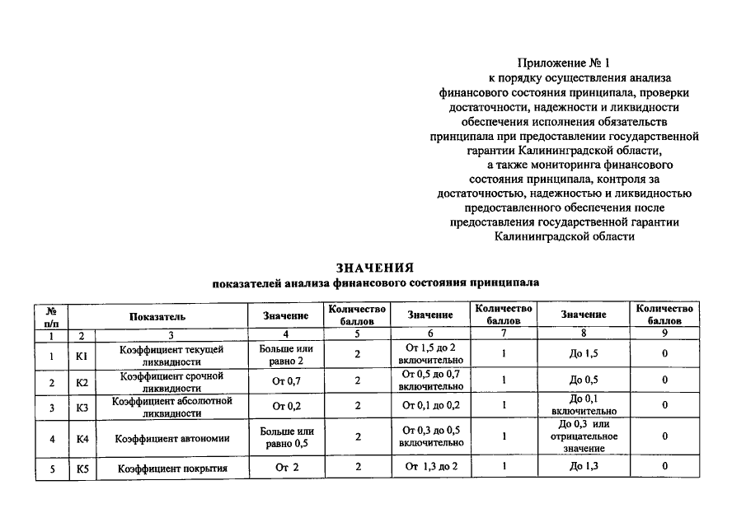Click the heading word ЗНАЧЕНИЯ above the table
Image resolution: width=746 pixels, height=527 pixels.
[x=374, y=268]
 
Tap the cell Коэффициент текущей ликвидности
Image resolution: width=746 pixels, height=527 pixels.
[x=171, y=356]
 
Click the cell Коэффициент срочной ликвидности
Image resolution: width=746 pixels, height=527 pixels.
[x=171, y=381]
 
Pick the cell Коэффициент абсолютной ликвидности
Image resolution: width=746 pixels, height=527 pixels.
[x=171, y=406]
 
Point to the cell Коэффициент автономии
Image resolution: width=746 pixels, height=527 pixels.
[x=171, y=438]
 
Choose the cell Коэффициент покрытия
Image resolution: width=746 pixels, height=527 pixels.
[x=171, y=469]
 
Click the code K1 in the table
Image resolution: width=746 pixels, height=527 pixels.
[x=82, y=356]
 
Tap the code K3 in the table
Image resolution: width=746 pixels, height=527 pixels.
[x=82, y=407]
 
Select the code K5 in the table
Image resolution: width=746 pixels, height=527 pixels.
[x=82, y=469]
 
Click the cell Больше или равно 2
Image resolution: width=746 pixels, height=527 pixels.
[x=286, y=356]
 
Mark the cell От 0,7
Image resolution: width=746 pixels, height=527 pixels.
[x=286, y=381]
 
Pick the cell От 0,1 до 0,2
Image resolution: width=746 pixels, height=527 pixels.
[x=429, y=406]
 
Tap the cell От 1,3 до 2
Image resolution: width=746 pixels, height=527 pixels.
[x=431, y=468]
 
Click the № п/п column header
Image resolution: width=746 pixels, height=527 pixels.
[x=51, y=316]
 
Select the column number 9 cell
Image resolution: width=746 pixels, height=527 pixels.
[x=664, y=334]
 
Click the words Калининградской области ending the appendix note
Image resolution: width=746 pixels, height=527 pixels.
[x=565, y=236]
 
